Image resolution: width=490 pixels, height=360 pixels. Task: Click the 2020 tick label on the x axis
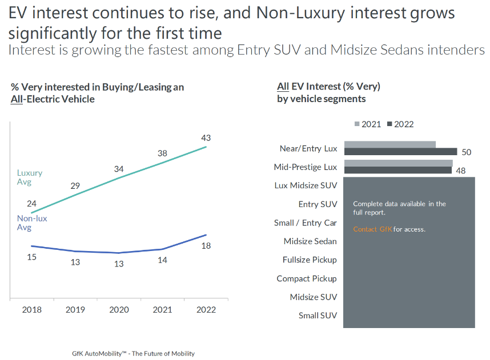click(119, 310)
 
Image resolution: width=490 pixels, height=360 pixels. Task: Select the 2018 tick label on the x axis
click(31, 310)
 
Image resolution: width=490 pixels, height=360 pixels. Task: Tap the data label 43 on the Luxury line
click(206, 138)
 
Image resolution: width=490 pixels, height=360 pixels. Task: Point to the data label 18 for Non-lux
click(206, 245)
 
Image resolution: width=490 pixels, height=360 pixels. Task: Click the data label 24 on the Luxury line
click(32, 204)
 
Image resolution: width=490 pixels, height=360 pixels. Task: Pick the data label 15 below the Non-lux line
click(32, 257)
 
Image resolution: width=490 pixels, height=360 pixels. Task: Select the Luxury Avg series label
click(29, 177)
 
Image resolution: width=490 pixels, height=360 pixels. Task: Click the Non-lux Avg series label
click(32, 223)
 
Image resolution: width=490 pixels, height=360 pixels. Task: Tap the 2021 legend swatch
click(358, 124)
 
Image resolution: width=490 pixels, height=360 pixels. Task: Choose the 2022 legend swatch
click(390, 124)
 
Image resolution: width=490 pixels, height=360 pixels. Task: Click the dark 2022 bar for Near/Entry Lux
click(400, 152)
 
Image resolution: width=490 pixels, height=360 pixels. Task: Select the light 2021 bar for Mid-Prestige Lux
click(398, 163)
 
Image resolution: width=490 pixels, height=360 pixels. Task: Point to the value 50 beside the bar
click(466, 152)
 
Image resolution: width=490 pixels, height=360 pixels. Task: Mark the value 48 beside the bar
click(460, 171)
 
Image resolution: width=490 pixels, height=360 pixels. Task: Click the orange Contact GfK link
click(372, 229)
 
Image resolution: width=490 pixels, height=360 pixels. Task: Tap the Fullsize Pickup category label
click(310, 260)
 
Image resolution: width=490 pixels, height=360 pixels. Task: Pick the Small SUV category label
click(318, 315)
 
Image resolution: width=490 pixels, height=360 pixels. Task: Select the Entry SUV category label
click(318, 204)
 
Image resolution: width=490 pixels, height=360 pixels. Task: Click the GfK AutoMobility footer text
click(133, 354)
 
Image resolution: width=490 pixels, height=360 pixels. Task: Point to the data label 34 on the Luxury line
click(119, 169)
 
